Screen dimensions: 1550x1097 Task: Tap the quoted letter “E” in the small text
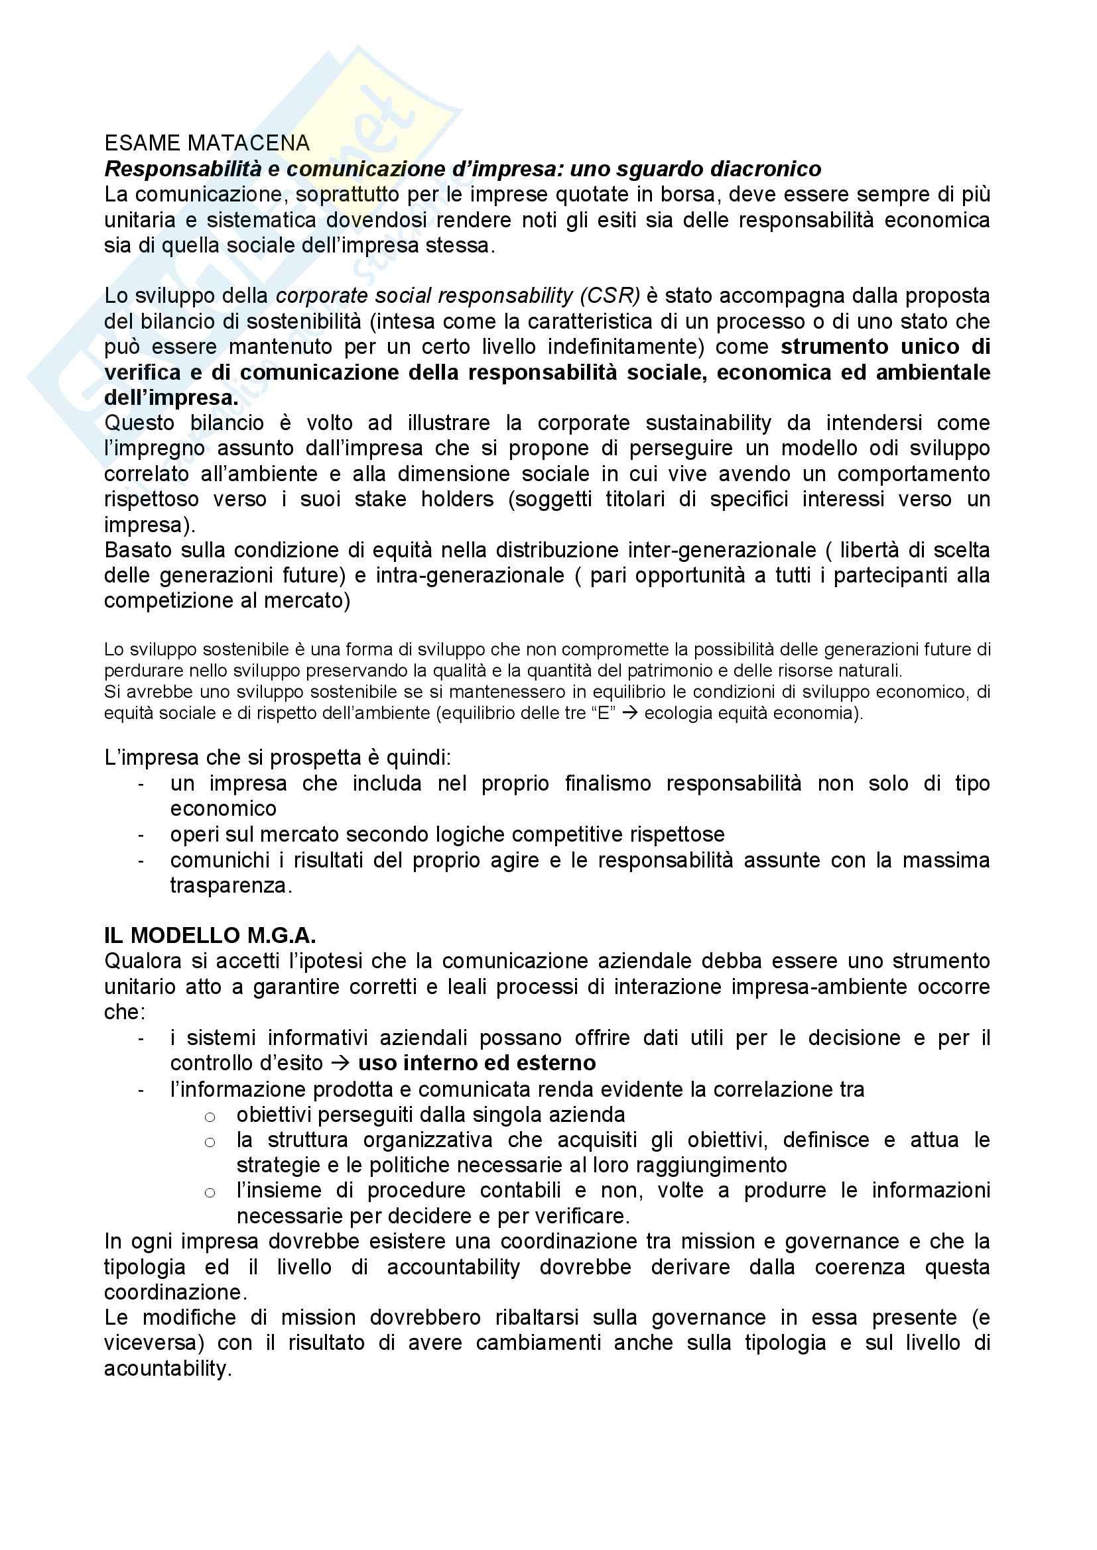coord(603,714)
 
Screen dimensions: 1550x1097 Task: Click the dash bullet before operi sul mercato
coord(141,836)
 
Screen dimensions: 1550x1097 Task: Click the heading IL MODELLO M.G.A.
coord(210,936)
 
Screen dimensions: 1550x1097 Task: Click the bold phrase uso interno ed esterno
coord(477,1063)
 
